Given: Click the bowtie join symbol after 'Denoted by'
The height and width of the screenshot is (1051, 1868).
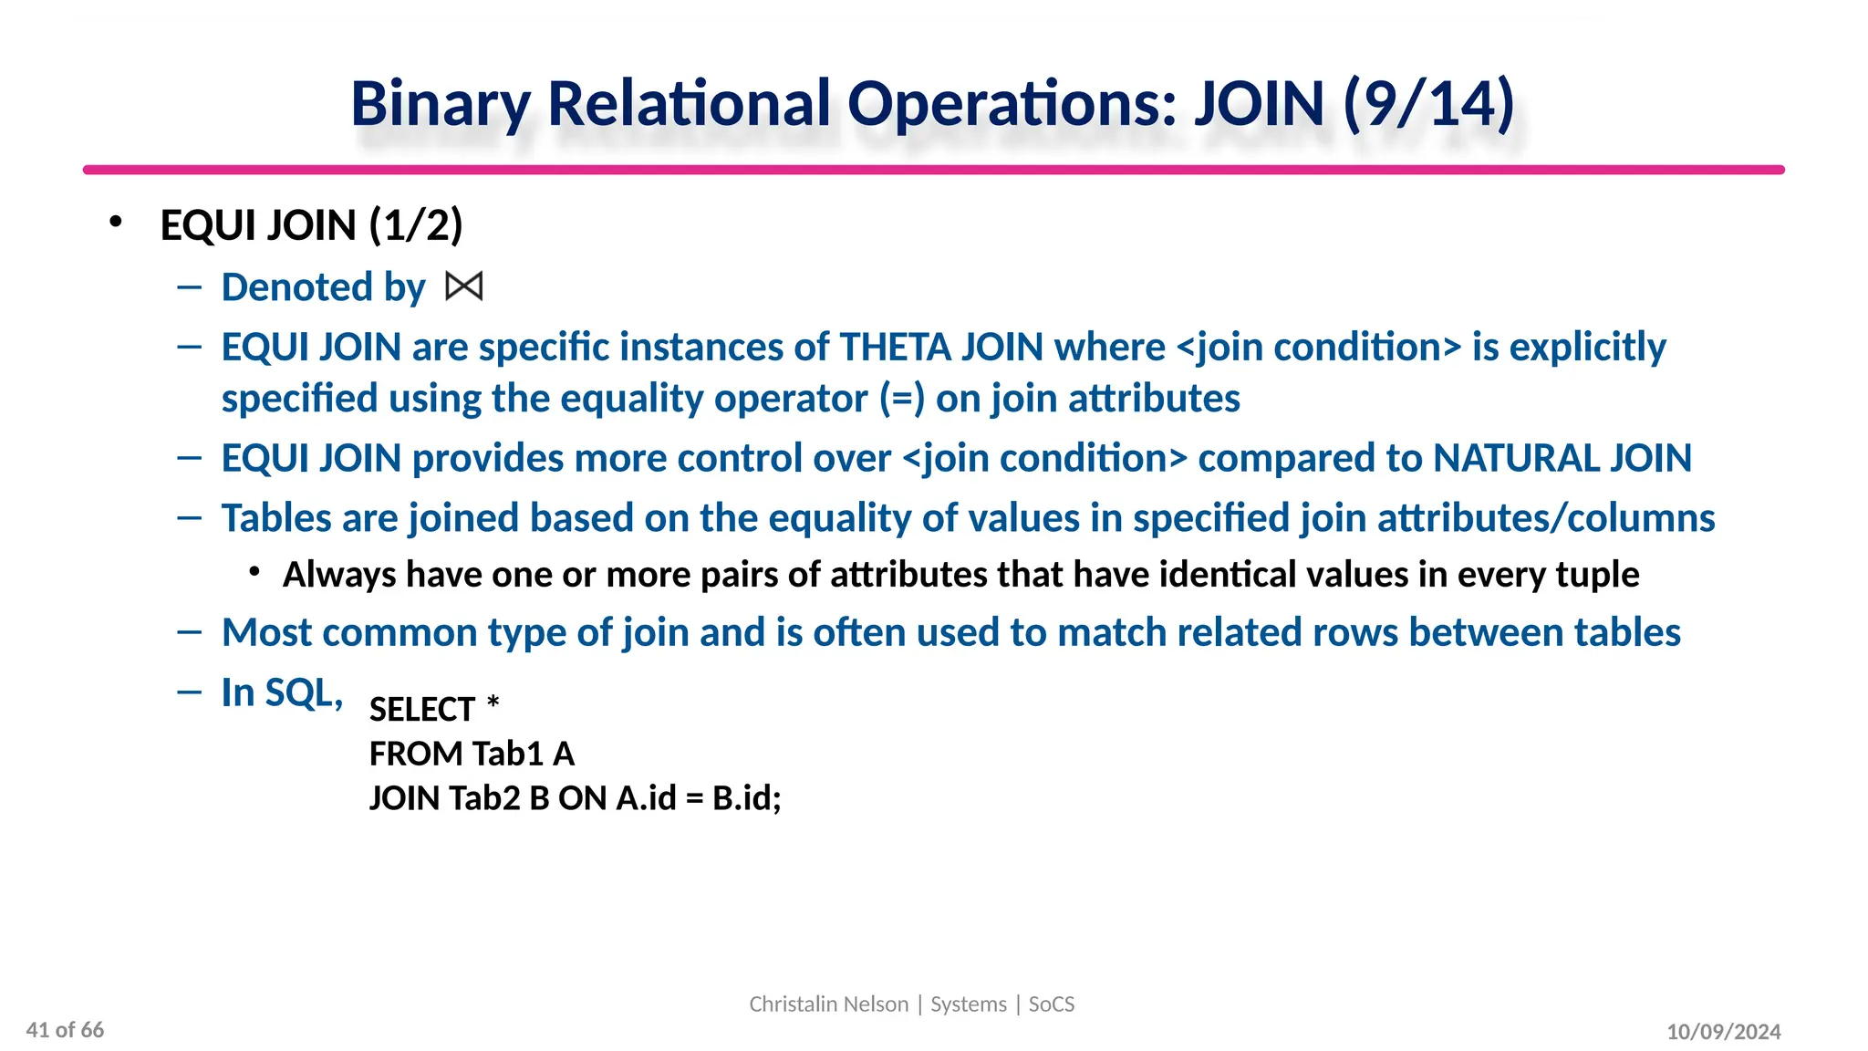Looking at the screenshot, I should tap(463, 287).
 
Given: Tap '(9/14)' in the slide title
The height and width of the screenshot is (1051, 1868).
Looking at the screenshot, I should tap(1428, 104).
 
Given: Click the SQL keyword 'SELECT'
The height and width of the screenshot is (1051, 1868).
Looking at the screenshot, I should tap(422, 710).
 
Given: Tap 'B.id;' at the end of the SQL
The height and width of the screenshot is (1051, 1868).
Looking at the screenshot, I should tap(747, 798).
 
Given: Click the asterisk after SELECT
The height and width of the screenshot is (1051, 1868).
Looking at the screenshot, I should tap(493, 704).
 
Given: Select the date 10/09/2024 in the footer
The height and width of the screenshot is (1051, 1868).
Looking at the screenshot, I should tap(1723, 1032).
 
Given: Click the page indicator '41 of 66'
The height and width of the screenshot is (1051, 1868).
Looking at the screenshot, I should tap(66, 1030).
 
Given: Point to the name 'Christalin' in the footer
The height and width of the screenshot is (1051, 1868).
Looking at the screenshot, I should tap(790, 1004).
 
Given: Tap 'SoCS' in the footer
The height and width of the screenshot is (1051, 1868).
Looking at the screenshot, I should tap(1052, 1004).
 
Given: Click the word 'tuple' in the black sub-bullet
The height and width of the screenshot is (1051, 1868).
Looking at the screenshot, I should tap(1597, 575).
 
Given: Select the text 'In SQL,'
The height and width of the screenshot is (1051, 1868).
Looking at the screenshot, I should tap(282, 692).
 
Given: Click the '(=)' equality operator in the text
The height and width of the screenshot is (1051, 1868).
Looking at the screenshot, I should tap(902, 399).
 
